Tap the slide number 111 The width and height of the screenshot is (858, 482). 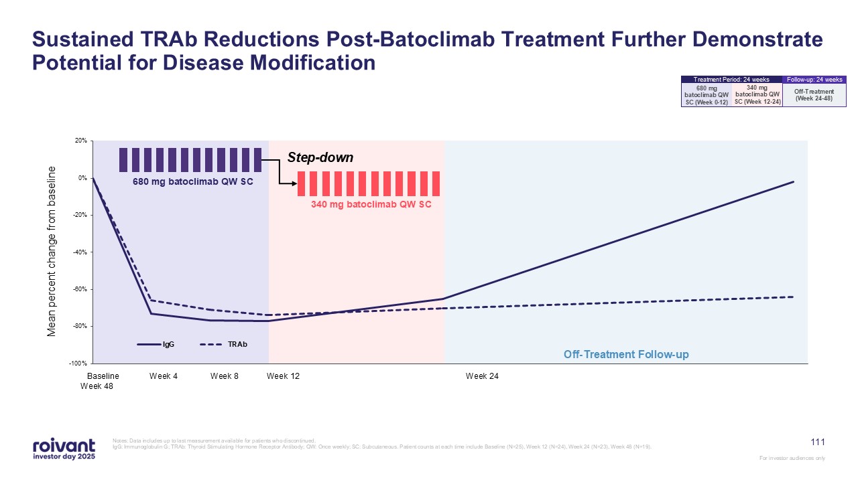pyautogui.click(x=818, y=442)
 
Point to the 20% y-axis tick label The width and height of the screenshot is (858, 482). pyautogui.click(x=81, y=141)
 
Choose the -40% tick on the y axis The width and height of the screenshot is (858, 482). pyautogui.click(x=80, y=252)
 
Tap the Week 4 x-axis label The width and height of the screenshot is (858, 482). pyautogui.click(x=164, y=376)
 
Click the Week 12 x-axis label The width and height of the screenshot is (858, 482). pyautogui.click(x=283, y=376)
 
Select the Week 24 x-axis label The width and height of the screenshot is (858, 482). pyautogui.click(x=482, y=376)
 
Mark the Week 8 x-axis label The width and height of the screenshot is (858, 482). pyautogui.click(x=225, y=376)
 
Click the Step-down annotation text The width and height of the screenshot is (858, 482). pyautogui.click(x=320, y=158)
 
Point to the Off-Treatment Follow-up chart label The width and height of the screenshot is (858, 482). pyautogui.click(x=626, y=354)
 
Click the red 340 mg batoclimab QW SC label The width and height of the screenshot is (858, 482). pyautogui.click(x=371, y=205)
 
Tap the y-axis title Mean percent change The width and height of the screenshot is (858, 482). pyautogui.click(x=52, y=250)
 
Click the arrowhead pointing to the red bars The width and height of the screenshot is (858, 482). pyautogui.click(x=292, y=183)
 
